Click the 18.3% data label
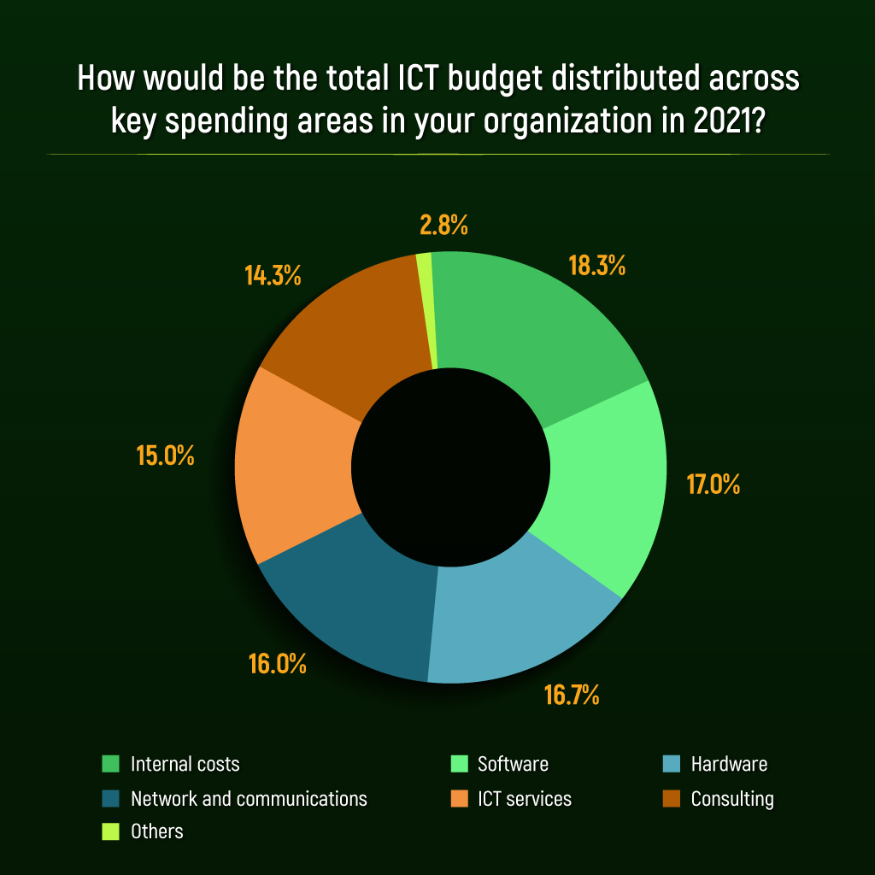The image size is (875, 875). pyautogui.click(x=597, y=266)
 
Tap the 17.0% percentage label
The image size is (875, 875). pyautogui.click(x=714, y=484)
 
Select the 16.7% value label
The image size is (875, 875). pyautogui.click(x=572, y=695)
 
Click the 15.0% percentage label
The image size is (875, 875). pyautogui.click(x=166, y=455)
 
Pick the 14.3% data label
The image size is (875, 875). pyautogui.click(x=273, y=276)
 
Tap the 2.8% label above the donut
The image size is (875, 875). pyautogui.click(x=443, y=226)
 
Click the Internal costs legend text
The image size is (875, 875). pyautogui.click(x=185, y=764)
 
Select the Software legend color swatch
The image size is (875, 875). pyautogui.click(x=459, y=764)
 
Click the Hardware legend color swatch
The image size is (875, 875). pyautogui.click(x=672, y=764)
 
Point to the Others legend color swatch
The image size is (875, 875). pyautogui.click(x=111, y=831)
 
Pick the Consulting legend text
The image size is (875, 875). pyautogui.click(x=732, y=799)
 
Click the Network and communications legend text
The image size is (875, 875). pyautogui.click(x=249, y=799)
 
